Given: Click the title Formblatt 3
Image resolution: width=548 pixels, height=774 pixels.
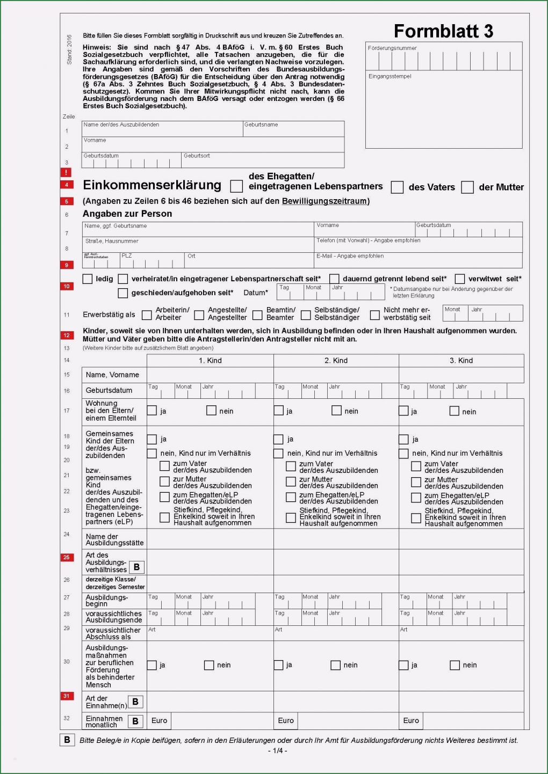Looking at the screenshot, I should (443, 31).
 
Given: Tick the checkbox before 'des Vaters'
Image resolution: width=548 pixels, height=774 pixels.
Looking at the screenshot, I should (397, 187).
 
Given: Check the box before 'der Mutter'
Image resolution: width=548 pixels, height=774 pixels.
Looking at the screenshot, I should (467, 187).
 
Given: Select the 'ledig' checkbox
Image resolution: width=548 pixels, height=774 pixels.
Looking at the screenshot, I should (88, 279).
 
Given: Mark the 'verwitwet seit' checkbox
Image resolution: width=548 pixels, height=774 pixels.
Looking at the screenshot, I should (460, 279).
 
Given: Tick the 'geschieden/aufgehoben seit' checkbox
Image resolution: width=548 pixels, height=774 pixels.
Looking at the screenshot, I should (123, 293).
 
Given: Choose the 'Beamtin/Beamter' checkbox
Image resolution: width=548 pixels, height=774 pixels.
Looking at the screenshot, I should (257, 315).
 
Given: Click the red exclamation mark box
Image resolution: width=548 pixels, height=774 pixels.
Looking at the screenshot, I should (66, 172).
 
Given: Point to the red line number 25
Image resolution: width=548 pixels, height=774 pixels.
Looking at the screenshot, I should (67, 557).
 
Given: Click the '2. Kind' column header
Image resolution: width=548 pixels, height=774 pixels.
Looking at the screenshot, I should (336, 361).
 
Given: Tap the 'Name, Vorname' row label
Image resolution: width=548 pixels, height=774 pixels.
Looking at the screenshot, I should (112, 375).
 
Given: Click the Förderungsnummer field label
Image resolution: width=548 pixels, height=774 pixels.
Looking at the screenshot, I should (392, 48).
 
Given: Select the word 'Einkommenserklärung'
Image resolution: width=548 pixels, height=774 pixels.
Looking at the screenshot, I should (152, 185).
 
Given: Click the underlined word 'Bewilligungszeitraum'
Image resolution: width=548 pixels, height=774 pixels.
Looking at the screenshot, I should (325, 201).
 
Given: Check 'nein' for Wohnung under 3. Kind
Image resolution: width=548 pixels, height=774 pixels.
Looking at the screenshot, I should (455, 411).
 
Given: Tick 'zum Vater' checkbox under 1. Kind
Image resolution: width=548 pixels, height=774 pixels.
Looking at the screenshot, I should (165, 466).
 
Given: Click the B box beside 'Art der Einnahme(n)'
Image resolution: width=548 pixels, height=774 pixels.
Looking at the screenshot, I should (135, 702).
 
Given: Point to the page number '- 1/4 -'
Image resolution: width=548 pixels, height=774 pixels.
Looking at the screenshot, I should (277, 750).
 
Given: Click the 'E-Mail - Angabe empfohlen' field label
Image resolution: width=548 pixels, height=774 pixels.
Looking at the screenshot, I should (350, 256).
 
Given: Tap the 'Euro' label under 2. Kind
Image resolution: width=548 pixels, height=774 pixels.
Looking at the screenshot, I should (286, 721).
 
